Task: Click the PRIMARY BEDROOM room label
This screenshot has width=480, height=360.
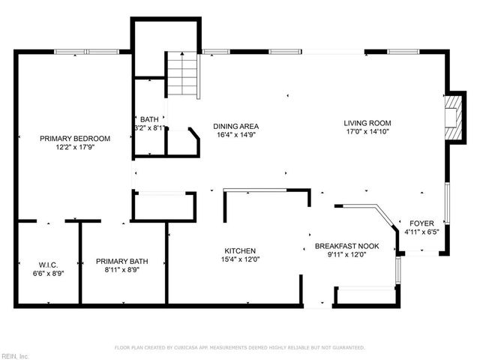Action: [x=75, y=138]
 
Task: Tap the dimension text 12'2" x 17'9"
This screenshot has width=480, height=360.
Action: [x=75, y=147]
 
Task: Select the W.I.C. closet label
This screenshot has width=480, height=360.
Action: [x=48, y=263]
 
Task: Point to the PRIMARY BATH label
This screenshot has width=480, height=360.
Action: [x=122, y=261]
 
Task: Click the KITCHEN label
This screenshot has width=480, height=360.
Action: [x=241, y=250]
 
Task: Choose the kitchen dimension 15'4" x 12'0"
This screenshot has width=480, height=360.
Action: [x=241, y=259]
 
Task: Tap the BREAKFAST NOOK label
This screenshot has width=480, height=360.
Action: [x=346, y=246]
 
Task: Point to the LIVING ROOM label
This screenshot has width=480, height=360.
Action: [x=367, y=123]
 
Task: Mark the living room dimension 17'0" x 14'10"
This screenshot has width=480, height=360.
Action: [x=367, y=132]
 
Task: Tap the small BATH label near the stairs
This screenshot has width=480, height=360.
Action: [x=149, y=119]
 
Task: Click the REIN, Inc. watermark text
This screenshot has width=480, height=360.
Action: [x=15, y=355]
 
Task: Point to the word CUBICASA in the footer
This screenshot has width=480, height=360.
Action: [x=204, y=348]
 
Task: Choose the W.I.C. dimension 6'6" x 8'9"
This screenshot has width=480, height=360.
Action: [x=48, y=272]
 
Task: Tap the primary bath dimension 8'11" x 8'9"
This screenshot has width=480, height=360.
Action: [x=122, y=270]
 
